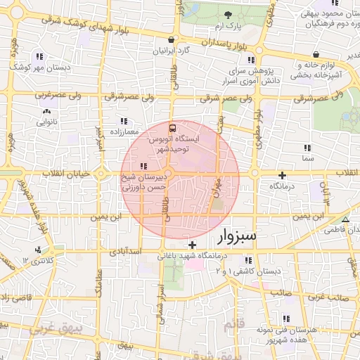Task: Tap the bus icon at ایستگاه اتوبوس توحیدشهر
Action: tap(172, 129)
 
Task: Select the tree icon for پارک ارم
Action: tap(227, 15)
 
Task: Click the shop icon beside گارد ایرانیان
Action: tap(172, 39)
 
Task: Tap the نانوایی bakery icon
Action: tap(46, 111)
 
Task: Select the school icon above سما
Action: tap(307, 148)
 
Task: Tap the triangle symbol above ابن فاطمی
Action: tap(345, 220)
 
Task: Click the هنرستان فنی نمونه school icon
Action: tap(284, 318)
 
